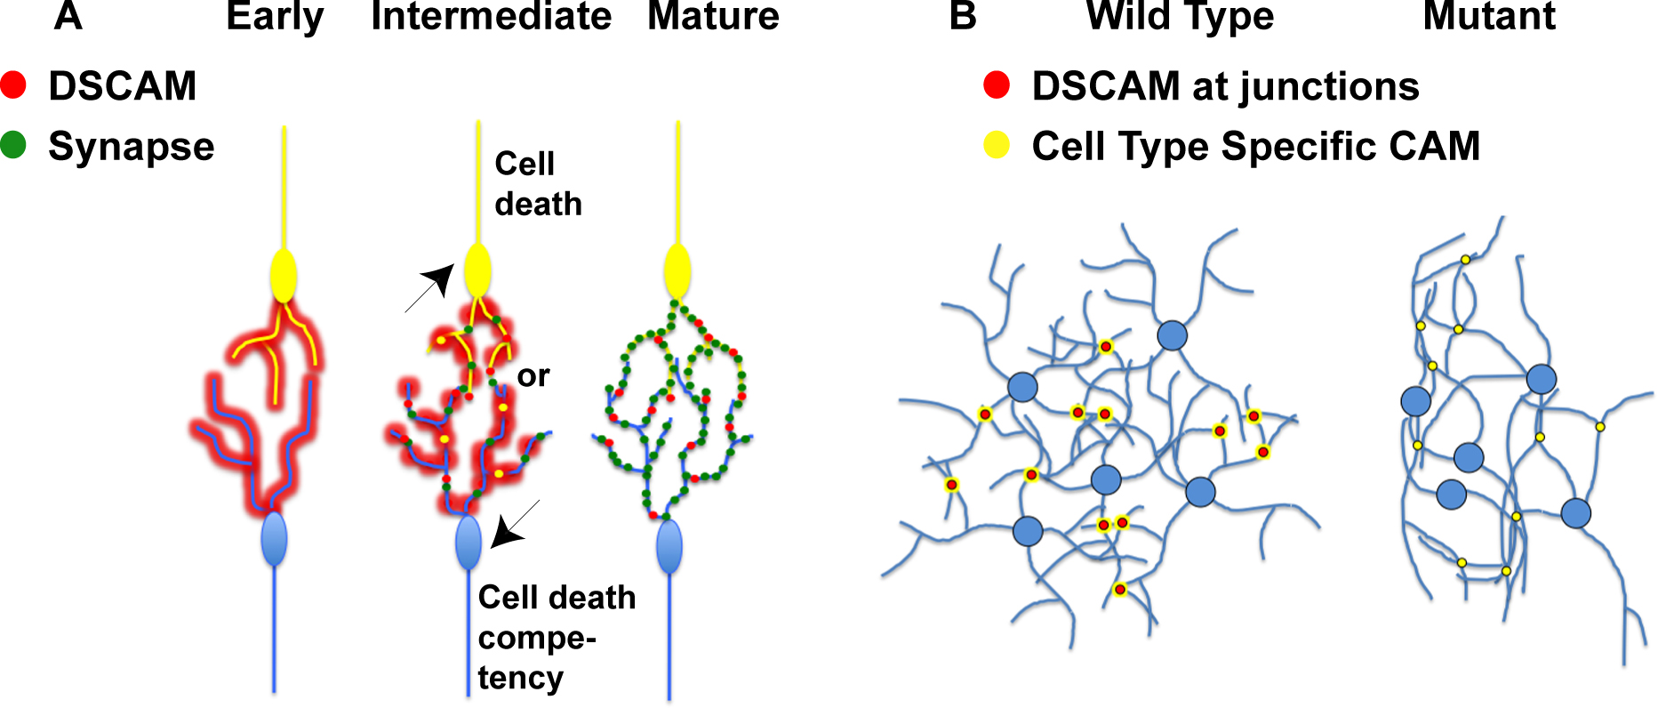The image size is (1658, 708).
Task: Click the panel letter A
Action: point(68,16)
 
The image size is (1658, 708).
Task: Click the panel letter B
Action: point(963,16)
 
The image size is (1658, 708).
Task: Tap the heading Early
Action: point(275,18)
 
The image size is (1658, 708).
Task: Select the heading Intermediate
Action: point(491,16)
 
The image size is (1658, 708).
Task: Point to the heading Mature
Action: point(713,16)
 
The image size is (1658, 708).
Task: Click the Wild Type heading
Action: point(1180,18)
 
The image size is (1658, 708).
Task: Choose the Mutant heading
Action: point(1489,16)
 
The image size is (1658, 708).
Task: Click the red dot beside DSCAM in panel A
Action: point(14,85)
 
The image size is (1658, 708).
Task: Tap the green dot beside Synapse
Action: point(14,144)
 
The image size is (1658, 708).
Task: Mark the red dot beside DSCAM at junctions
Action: point(997,85)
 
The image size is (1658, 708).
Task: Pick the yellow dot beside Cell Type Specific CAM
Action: point(997,144)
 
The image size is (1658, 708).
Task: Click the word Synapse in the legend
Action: point(132,146)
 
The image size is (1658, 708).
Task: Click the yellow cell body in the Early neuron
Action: point(284,275)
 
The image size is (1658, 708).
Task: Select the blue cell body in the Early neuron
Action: point(275,538)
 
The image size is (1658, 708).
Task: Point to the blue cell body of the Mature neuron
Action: point(669,547)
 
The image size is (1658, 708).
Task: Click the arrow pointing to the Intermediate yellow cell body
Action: point(430,287)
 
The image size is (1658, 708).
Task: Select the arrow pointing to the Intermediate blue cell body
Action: point(515,524)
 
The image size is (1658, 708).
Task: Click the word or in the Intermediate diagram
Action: point(533,376)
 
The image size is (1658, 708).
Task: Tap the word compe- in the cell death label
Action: point(537,638)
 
